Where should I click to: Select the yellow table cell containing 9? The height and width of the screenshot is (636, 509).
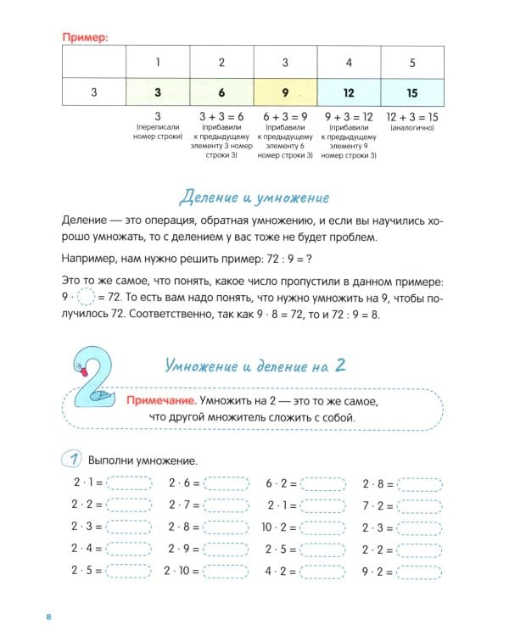pos(286,92)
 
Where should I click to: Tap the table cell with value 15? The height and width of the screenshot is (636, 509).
pos(413,92)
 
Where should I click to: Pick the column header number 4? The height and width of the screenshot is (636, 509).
pos(350,62)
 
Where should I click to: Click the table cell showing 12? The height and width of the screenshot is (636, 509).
pos(350,92)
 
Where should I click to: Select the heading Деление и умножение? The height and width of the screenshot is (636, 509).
pos(255,198)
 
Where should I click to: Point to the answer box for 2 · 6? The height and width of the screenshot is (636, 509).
pos(227,483)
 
